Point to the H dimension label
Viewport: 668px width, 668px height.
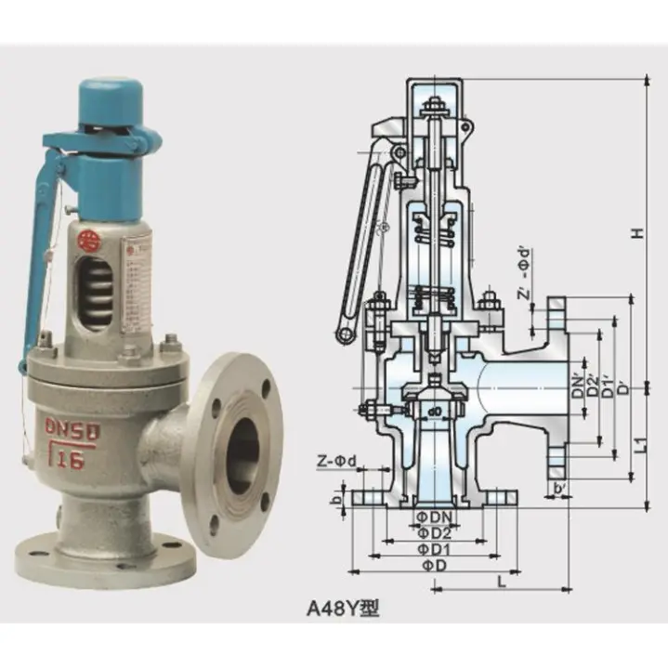click(638, 232)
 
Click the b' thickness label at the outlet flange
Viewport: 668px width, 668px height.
click(559, 488)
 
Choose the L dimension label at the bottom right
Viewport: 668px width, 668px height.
click(501, 581)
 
